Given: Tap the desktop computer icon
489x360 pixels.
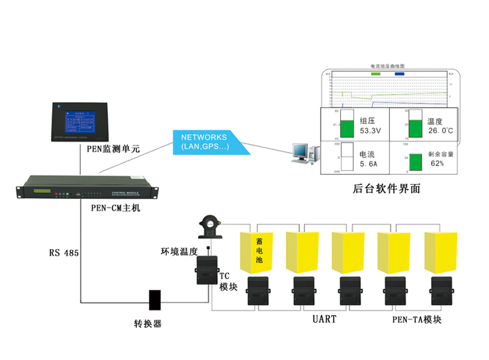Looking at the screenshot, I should (303, 151).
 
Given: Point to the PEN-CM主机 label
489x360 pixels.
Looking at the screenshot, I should (115, 208).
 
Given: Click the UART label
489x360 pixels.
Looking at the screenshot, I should (324, 320).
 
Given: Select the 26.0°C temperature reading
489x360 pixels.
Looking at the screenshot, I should (441, 131).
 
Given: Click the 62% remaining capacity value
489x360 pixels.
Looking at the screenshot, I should (436, 163).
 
